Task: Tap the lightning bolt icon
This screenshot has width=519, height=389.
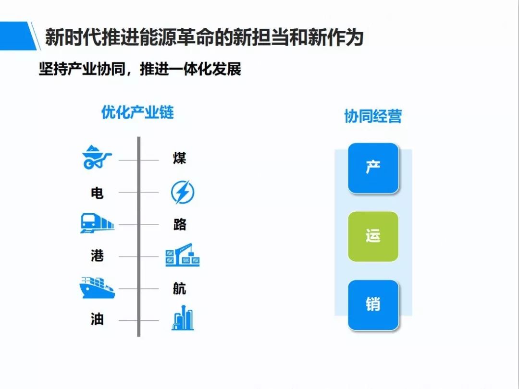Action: [183, 192]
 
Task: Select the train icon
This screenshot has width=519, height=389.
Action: [97, 223]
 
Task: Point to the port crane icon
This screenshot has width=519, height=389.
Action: [183, 255]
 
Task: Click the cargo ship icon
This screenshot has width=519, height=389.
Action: [97, 287]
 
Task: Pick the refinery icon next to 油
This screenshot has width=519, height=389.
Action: [183, 318]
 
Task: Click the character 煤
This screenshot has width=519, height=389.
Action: [179, 158]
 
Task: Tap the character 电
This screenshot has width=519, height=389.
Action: [97, 193]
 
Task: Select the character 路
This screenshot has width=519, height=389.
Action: [179, 224]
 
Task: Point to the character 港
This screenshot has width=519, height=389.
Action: [97, 255]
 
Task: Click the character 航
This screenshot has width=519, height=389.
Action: [179, 289]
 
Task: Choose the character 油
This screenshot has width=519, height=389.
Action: [97, 319]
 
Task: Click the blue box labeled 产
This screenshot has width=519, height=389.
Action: [373, 168]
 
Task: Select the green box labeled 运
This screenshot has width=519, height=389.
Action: [373, 236]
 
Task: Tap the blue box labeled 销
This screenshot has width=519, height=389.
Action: [373, 305]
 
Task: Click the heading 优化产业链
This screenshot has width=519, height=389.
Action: [137, 112]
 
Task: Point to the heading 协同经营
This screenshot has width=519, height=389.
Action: [373, 116]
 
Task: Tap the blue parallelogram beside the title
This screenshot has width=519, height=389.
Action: [18, 36]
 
